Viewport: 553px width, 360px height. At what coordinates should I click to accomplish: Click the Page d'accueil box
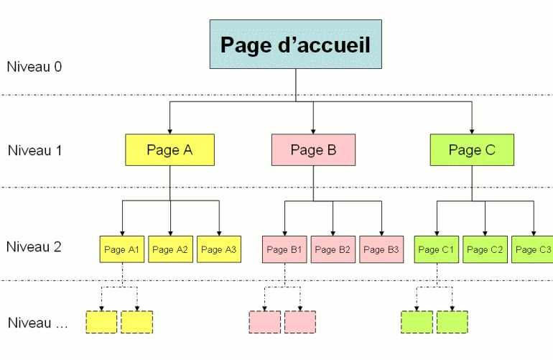point(295,45)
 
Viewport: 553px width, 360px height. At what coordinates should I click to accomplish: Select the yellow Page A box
point(169,150)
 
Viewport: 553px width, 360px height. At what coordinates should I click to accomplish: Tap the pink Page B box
point(313,150)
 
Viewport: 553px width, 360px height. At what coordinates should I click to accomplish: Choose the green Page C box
point(472,150)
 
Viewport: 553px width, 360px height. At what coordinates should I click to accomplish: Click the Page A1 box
point(122,249)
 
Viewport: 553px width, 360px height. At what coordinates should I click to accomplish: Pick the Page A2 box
point(170,249)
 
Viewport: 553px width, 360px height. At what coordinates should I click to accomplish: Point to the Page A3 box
point(218,249)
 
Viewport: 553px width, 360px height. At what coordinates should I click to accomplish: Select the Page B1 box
point(284,249)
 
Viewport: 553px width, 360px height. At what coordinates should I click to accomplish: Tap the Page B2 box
point(333,249)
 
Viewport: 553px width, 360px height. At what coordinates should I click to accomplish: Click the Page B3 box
point(381,249)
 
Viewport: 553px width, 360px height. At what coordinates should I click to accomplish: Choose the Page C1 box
point(437,249)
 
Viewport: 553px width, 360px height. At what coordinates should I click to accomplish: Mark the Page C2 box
point(485,249)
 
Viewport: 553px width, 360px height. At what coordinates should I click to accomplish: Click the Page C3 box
point(532,249)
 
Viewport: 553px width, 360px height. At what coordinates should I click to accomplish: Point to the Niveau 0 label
point(34,67)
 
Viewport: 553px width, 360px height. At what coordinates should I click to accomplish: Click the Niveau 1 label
point(34,151)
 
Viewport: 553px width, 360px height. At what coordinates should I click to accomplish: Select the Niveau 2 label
point(34,247)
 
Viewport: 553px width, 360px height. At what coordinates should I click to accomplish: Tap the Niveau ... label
point(37,323)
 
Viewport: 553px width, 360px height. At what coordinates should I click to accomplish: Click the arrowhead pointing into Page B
point(313,130)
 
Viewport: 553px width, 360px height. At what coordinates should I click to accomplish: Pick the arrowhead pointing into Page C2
point(485,231)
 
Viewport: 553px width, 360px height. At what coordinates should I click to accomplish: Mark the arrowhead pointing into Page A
point(169,130)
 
